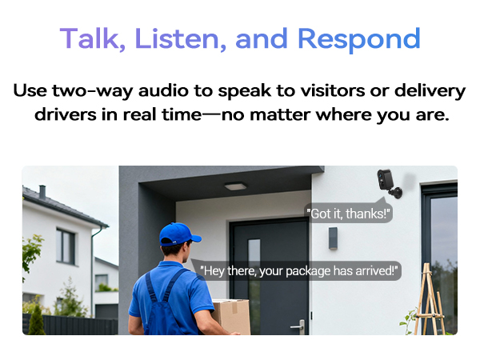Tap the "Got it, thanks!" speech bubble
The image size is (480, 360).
tap(350, 213)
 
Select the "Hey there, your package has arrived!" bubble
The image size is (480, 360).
tap(298, 270)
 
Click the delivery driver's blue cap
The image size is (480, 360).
tap(178, 234)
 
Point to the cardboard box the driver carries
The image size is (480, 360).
tap(231, 316)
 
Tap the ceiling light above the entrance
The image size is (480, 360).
tap(235, 186)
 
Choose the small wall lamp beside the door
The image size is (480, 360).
tap(333, 238)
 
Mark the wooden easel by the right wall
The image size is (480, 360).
tap(430, 300)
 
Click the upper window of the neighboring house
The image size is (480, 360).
tap(66, 246)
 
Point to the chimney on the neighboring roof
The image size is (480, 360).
tap(42, 192)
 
